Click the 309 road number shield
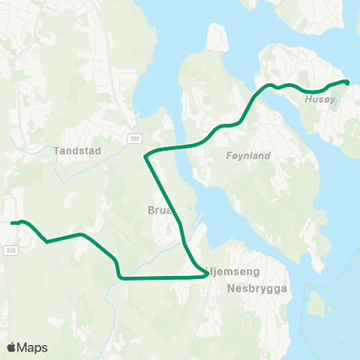[x=133, y=139]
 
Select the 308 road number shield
[x=9, y=250]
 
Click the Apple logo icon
[x=11, y=347]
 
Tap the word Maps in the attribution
[x=34, y=347]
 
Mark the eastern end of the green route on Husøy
[x=346, y=82]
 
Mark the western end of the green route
[x=12, y=223]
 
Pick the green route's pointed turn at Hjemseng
[x=207, y=275]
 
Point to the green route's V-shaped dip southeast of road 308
[x=47, y=241]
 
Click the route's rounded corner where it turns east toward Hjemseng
[x=119, y=275]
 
